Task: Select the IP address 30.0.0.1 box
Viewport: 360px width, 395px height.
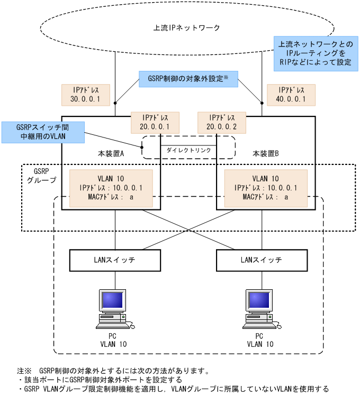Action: pyautogui.click(x=85, y=95)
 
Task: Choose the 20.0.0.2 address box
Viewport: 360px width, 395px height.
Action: pyautogui.click(x=221, y=122)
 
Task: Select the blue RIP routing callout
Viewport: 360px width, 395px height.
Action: pyautogui.click(x=316, y=54)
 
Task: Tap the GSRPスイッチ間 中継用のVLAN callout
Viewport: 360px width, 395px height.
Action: pyautogui.click(x=42, y=132)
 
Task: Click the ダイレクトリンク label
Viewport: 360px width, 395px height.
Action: pyautogui.click(x=188, y=150)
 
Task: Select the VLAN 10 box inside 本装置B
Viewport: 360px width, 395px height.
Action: pyautogui.click(x=266, y=188)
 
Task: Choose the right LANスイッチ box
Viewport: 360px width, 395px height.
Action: pyautogui.click(x=261, y=260)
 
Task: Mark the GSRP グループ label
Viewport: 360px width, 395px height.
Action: pyautogui.click(x=41, y=176)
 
